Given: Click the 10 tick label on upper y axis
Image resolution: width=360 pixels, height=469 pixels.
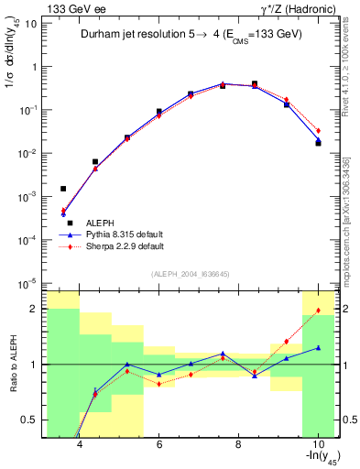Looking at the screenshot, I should [x=30, y=24].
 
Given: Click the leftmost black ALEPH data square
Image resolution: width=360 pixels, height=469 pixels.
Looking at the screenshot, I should [x=63, y=189].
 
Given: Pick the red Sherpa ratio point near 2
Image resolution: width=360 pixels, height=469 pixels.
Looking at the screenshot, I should [x=318, y=311].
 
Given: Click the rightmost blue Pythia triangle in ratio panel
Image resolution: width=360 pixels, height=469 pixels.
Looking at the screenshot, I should [x=318, y=348].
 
